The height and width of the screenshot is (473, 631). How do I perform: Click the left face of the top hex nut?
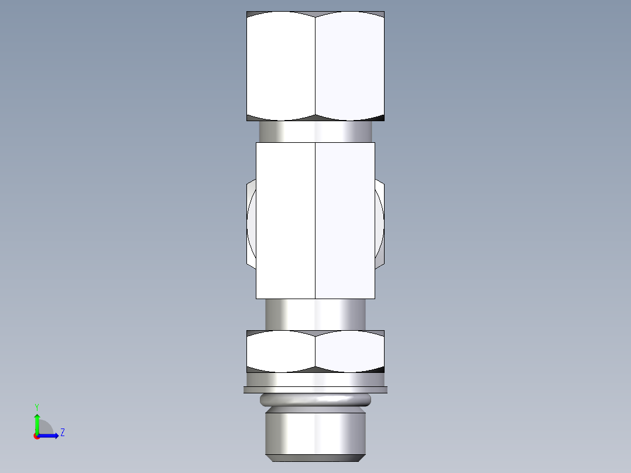(x=281, y=66)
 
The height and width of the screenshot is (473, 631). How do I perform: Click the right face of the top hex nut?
(x=349, y=66)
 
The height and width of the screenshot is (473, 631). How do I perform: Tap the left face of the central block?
(x=286, y=220)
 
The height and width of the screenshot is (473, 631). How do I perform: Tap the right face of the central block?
(x=345, y=220)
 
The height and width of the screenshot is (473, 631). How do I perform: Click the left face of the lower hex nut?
(x=281, y=351)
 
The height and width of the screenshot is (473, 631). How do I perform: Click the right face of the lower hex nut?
(x=349, y=351)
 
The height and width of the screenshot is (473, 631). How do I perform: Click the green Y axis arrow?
(x=37, y=423)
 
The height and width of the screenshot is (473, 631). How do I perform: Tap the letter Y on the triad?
(x=37, y=406)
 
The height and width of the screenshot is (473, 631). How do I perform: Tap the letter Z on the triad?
(x=62, y=433)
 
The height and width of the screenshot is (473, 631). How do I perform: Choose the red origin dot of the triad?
(x=37, y=436)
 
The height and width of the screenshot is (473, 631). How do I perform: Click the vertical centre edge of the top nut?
(x=315, y=66)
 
